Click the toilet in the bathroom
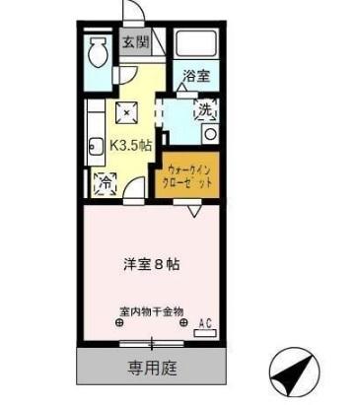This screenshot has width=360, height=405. tap(97, 51)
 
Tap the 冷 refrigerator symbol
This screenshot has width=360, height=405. tap(103, 181)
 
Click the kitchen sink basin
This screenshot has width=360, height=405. tap(96, 148)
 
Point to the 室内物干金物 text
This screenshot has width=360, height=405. tap(151, 312)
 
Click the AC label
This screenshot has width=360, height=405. tap(205, 323)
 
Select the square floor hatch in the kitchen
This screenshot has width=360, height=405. tap(124, 109)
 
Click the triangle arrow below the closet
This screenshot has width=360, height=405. tap(193, 210)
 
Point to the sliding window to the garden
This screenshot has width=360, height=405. tap(151, 344)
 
